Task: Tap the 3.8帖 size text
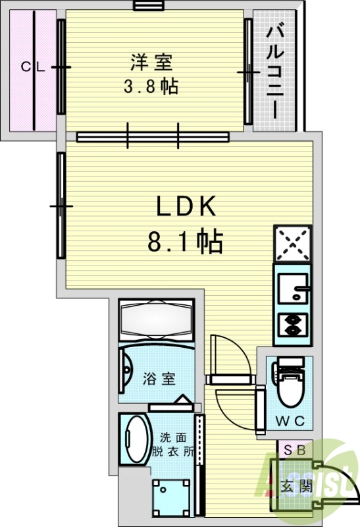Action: [x=151, y=86]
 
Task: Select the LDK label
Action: [x=186, y=208]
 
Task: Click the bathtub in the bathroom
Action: [x=157, y=320]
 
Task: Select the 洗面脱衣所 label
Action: [x=172, y=445]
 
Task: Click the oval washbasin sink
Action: [x=136, y=439]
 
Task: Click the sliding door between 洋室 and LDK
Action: [x=153, y=136]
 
